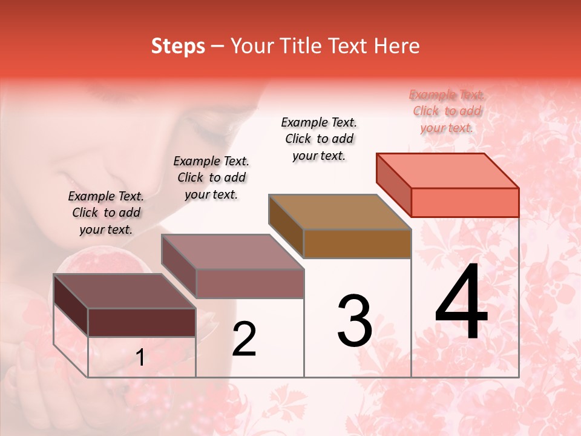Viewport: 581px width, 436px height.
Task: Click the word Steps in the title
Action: pyautogui.click(x=178, y=46)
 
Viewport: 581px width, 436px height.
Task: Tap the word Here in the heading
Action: pyautogui.click(x=396, y=46)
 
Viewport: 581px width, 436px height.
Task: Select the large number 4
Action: pyautogui.click(x=461, y=302)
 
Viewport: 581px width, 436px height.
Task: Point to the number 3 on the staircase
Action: pyautogui.click(x=354, y=321)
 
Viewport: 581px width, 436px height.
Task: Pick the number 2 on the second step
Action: pyautogui.click(x=244, y=339)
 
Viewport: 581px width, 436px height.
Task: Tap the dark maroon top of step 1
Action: pyautogui.click(x=124, y=291)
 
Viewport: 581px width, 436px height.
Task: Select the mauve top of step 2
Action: pyautogui.click(x=232, y=251)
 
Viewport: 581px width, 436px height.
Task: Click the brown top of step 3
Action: pyautogui.click(x=340, y=212)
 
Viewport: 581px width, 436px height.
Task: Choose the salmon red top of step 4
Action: pyautogui.click(x=447, y=171)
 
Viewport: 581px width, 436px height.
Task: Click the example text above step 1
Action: pyautogui.click(x=106, y=213)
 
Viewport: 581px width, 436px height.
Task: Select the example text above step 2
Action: pyautogui.click(x=211, y=177)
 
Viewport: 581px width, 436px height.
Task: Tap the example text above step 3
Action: pyautogui.click(x=319, y=139)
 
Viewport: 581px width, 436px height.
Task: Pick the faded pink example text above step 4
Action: pyautogui.click(x=447, y=111)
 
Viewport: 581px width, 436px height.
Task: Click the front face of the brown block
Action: pyautogui.click(x=357, y=244)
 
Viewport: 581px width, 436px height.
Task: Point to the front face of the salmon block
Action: pyautogui.click(x=465, y=202)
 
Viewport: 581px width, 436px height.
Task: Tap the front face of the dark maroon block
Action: pyautogui.click(x=142, y=322)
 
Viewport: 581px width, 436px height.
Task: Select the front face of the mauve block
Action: pyautogui.click(x=249, y=283)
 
